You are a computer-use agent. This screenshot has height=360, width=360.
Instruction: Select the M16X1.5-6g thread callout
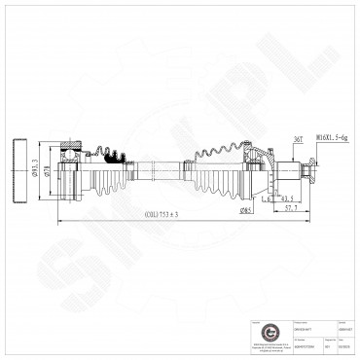coord(331,139)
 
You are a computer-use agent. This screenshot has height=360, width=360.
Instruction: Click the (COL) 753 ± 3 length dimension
coord(162,214)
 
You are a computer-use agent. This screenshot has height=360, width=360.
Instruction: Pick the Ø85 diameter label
coord(248,207)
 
